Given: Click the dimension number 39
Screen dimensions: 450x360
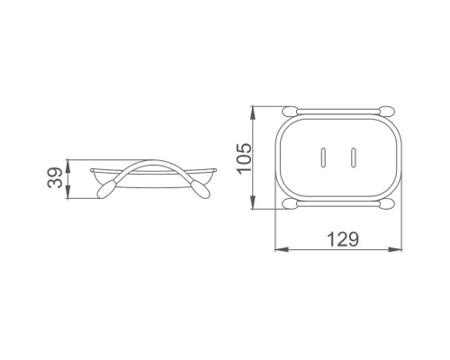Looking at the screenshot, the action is pyautogui.click(x=55, y=178).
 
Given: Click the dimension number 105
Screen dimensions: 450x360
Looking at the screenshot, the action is pyautogui.click(x=244, y=157).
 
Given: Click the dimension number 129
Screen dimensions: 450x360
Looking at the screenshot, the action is pyautogui.click(x=343, y=239).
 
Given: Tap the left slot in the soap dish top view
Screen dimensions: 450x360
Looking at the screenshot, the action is pyautogui.click(x=323, y=157).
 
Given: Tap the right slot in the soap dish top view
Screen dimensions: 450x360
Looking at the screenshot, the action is pyautogui.click(x=354, y=157).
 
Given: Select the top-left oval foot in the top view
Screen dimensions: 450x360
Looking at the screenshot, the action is pyautogui.click(x=290, y=111).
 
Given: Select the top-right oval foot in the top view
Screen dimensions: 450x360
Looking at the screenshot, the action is pyautogui.click(x=387, y=111).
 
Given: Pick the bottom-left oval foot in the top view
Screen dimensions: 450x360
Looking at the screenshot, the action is pyautogui.click(x=290, y=204).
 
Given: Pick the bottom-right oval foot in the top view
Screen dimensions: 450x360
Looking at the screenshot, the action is pyautogui.click(x=387, y=204).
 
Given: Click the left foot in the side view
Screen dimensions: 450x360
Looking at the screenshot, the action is pyautogui.click(x=105, y=189).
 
